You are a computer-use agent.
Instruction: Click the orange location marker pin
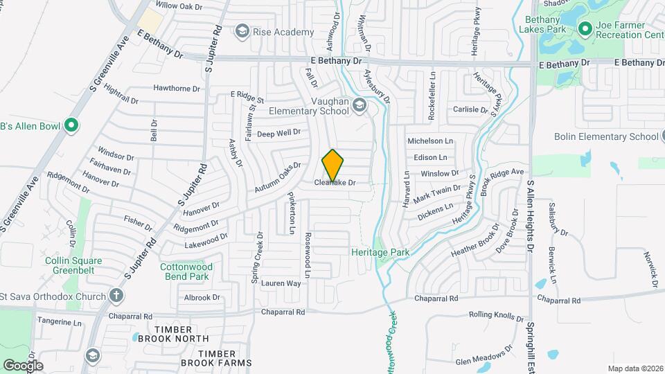coord(332,165)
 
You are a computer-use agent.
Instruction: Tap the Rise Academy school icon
coord(242,31)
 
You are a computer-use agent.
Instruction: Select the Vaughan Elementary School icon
coord(359,105)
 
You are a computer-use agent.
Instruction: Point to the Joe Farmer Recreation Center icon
coord(585,29)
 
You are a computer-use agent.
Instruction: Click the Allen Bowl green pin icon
coord(71,125)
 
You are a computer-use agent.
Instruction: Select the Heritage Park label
coord(380,252)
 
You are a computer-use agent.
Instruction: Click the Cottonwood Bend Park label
coord(184,271)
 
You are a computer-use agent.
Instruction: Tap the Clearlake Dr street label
coord(335,184)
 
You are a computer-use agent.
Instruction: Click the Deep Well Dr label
coord(278,133)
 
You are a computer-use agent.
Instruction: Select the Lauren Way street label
coord(281,283)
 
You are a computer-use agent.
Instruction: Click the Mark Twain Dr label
coord(437,189)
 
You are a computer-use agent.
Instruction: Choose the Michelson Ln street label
coord(429,141)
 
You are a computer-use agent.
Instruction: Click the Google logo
coord(23,365)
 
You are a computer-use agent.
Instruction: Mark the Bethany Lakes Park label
coord(542,26)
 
